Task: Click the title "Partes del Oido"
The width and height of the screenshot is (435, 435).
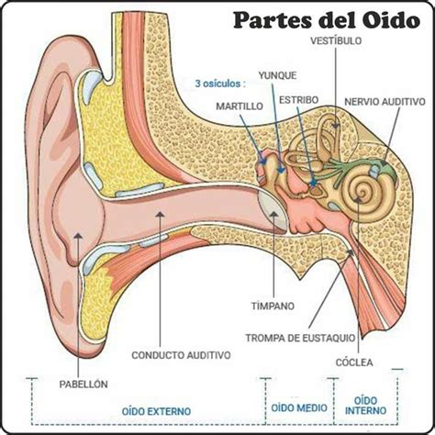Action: pyautogui.click(x=327, y=21)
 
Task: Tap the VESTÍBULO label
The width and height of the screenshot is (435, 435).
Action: pyautogui.click(x=336, y=41)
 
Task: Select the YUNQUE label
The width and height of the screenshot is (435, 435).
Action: pyautogui.click(x=277, y=75)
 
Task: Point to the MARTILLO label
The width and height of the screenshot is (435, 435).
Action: pyautogui.click(x=240, y=106)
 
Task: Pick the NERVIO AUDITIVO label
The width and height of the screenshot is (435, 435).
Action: pyautogui.click(x=385, y=102)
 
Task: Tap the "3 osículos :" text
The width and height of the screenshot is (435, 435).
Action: pyautogui.click(x=220, y=84)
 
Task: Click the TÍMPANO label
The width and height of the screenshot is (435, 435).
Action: pyautogui.click(x=273, y=306)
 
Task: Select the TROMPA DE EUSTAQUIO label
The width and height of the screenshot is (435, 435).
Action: pyautogui.click(x=300, y=338)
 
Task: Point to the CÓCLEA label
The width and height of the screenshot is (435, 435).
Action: pyautogui.click(x=354, y=362)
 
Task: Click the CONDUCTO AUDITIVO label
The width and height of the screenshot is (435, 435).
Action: pyautogui.click(x=181, y=355)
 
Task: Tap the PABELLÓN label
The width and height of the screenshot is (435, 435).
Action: pyautogui.click(x=84, y=385)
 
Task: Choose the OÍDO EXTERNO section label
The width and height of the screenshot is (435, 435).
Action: pyautogui.click(x=156, y=411)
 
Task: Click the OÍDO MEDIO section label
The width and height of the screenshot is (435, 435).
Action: pyautogui.click(x=299, y=407)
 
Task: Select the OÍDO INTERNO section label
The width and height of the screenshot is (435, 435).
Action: pyautogui.click(x=365, y=406)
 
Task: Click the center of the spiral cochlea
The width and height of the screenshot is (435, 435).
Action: pyautogui.click(x=362, y=194)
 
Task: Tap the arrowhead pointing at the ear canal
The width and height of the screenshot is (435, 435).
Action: pyautogui.click(x=160, y=214)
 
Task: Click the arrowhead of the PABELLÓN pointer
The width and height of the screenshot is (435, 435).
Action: pyautogui.click(x=78, y=236)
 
